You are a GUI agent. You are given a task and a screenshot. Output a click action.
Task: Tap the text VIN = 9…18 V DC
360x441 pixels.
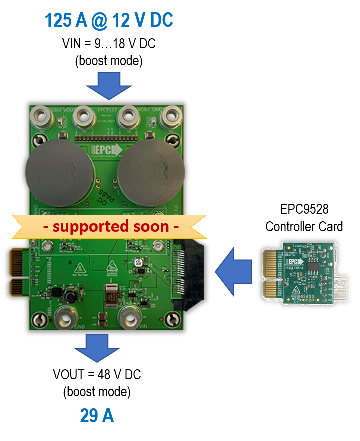click(108, 44)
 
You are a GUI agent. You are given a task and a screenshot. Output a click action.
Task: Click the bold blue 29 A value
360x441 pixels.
click(97, 416)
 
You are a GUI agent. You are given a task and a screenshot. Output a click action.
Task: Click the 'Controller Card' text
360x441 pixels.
click(304, 227)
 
